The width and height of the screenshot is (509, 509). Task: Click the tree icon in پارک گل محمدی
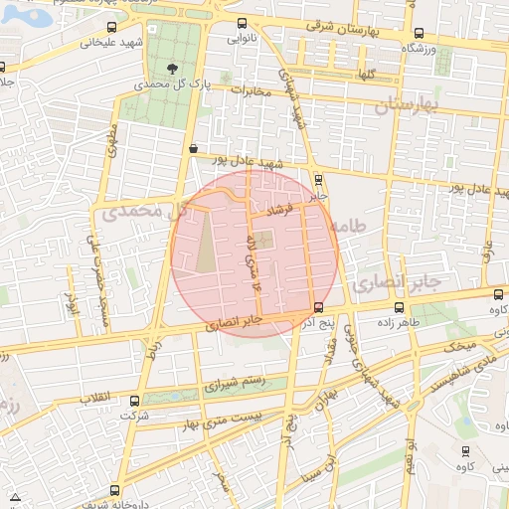175,69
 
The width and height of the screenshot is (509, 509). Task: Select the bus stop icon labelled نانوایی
242,24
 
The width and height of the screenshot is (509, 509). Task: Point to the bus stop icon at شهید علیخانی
110,28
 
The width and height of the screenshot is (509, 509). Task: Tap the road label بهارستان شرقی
345,28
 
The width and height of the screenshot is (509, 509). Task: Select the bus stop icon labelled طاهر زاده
399,308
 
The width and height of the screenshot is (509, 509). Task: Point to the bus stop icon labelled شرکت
134,401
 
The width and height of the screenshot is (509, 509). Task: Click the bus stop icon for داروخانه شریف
114,490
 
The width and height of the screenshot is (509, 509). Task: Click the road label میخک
460,347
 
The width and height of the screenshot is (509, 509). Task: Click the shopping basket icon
192,147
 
